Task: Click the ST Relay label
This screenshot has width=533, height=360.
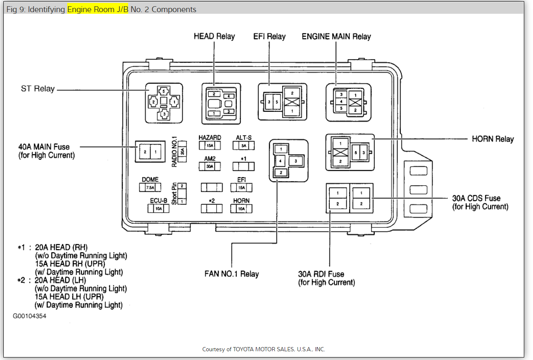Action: point(38,89)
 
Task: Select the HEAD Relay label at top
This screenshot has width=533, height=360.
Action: point(214,36)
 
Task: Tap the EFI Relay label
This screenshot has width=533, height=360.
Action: point(269,36)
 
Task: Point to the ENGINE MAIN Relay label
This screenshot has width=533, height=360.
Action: point(336,36)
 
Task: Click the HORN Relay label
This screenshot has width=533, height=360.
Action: point(493,139)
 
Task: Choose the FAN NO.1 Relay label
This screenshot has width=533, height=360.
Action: point(231,274)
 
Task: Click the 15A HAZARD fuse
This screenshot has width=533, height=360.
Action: point(210,146)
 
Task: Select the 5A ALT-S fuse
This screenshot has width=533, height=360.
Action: point(244,146)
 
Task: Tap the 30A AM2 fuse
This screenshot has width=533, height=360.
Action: point(210,166)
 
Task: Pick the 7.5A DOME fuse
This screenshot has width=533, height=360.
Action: point(150,188)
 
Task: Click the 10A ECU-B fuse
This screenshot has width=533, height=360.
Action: point(159,209)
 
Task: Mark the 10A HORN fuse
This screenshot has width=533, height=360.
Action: point(241,209)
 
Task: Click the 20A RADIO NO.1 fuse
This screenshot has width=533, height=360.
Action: point(182,151)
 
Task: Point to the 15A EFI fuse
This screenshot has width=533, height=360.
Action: point(241,188)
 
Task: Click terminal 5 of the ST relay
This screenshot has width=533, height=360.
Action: point(164,91)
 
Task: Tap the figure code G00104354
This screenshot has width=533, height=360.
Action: point(29,316)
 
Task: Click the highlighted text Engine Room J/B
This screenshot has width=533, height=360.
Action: point(98,9)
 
